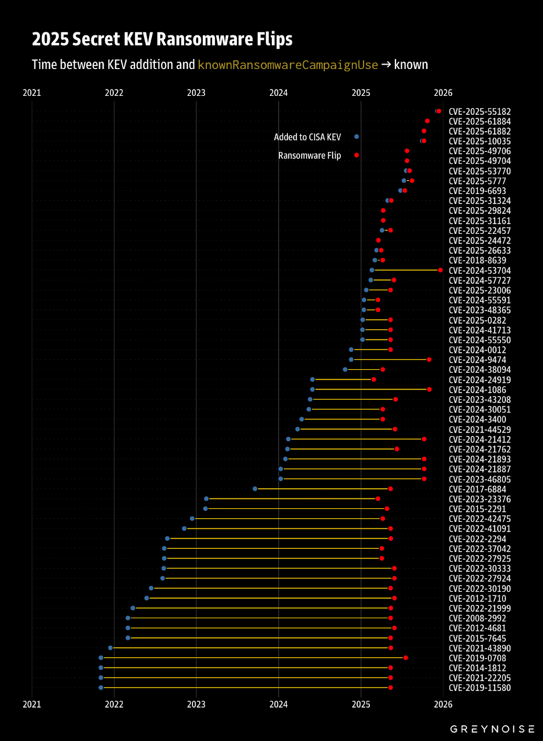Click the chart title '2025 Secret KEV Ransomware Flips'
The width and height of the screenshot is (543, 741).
pos(162,39)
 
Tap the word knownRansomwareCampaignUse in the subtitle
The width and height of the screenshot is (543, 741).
pos(287,65)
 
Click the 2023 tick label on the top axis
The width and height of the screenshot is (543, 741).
pos(196,93)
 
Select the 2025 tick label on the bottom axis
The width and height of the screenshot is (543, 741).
pos(361,704)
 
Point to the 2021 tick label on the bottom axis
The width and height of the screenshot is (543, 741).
pos(32,704)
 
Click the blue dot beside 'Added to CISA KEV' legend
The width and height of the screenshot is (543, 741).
pos(356,137)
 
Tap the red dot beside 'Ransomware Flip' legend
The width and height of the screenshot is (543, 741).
pos(356,155)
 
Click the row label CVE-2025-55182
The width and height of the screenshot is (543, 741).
pos(480,112)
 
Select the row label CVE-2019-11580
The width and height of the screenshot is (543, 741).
pos(480,688)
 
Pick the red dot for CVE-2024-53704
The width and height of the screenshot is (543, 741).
pos(440,270)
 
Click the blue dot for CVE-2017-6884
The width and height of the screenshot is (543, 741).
pos(255,489)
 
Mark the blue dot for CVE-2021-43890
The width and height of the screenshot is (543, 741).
pos(110,648)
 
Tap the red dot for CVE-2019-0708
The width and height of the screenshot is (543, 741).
pos(406,658)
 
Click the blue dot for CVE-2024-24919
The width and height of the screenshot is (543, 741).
pos(312,379)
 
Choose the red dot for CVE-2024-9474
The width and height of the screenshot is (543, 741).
pos(429,359)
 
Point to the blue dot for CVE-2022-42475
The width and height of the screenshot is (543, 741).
pos(192,519)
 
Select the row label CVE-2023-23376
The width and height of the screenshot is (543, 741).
pos(480,499)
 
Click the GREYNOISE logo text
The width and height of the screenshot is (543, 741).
pos(492,729)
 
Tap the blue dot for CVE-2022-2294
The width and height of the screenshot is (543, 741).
pos(168,538)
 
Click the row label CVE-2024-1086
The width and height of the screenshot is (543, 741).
pos(477,390)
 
